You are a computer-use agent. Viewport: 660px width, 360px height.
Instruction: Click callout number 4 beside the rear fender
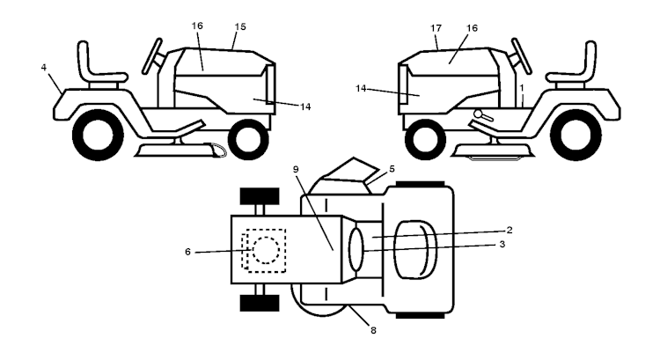point(44,68)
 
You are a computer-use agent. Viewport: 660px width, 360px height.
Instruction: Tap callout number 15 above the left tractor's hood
point(240,27)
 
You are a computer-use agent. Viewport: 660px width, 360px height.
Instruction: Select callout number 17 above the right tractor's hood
point(436,28)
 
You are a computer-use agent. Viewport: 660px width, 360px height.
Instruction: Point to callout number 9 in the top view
point(296,169)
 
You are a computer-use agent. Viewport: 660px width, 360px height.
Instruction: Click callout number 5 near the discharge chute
point(392,169)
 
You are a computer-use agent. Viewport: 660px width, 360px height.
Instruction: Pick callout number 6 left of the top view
point(187,252)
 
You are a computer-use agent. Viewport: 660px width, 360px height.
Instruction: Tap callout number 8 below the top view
point(373,331)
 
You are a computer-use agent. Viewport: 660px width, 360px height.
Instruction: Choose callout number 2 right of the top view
point(510,230)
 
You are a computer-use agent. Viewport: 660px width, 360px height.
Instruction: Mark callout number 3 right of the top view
point(502,244)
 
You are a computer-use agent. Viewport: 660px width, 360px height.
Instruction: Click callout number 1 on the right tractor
point(522,87)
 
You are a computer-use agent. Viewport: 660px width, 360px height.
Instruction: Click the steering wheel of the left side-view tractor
point(152,56)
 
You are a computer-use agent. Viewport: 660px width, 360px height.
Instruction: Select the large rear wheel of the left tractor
point(98,135)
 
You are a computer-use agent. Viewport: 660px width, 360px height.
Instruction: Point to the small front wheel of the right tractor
point(425,139)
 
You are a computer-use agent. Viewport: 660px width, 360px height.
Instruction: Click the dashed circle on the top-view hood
point(266,250)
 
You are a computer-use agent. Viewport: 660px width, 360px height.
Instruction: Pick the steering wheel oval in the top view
point(356,250)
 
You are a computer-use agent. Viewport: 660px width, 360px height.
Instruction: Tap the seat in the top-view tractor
point(415,249)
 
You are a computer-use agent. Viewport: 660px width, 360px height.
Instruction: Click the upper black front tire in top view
point(260,196)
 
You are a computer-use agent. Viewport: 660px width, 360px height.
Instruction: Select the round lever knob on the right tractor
point(478,113)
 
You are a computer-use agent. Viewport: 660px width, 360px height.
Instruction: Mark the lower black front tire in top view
point(260,303)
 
